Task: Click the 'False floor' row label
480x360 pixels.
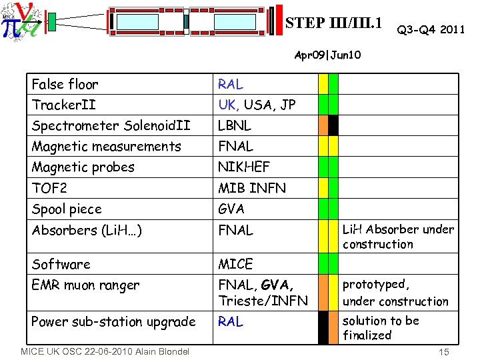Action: [x=65, y=84]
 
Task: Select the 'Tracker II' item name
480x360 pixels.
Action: [x=63, y=105]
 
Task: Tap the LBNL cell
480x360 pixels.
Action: [x=235, y=125]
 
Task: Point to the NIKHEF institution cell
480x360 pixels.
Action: [x=243, y=167]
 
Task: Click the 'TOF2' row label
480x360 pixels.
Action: [x=49, y=188]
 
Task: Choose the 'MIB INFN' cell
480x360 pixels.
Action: [x=252, y=188]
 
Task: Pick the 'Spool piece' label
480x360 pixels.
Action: [x=67, y=209]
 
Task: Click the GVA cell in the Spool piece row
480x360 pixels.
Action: [x=231, y=209]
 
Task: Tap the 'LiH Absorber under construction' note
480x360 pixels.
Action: [x=397, y=237]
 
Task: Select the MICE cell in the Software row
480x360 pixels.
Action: [x=235, y=264]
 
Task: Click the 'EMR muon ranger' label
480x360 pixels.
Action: [x=85, y=285]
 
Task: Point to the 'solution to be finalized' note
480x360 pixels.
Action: [x=380, y=327]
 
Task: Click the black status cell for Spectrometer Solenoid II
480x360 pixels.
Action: [x=333, y=125]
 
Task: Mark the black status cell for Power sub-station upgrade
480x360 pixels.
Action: [x=323, y=327]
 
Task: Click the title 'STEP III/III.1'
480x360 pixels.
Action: [x=334, y=23]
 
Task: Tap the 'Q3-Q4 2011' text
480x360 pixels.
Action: [x=431, y=29]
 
